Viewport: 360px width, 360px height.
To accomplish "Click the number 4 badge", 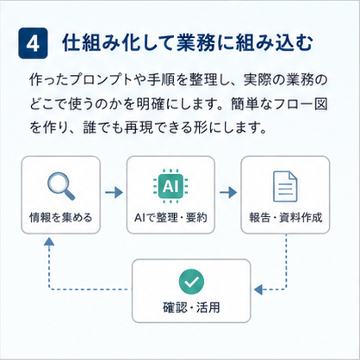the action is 33,43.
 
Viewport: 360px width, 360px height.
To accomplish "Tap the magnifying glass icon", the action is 61,186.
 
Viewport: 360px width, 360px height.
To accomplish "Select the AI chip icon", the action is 171,186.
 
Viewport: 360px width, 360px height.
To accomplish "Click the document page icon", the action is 285,186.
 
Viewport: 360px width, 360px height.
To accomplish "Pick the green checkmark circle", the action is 191,282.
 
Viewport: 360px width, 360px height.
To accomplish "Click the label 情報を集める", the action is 61,217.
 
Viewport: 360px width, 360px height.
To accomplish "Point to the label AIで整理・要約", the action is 171,217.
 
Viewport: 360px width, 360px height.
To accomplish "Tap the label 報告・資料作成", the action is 286,217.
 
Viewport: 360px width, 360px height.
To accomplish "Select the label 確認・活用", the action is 191,307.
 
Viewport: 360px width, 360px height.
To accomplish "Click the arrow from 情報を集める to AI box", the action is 114,192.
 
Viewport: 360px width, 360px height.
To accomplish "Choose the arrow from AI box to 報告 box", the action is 228,192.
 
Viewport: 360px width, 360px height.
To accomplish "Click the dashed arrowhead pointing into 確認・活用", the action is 258,289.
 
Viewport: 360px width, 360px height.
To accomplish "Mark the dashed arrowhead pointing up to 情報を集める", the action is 49,241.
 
